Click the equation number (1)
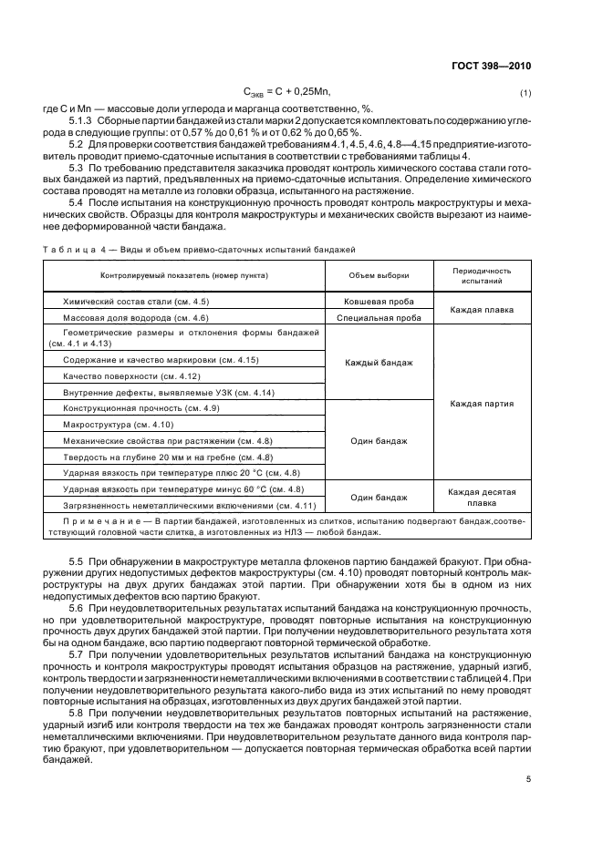pos(525,93)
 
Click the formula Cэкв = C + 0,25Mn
pos(286,92)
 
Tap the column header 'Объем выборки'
pos(379,274)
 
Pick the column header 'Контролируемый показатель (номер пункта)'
pos(185,274)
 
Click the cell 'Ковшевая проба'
pos(379,301)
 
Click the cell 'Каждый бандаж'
pos(379,362)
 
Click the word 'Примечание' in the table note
pos(91,519)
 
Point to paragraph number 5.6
pos(76,606)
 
